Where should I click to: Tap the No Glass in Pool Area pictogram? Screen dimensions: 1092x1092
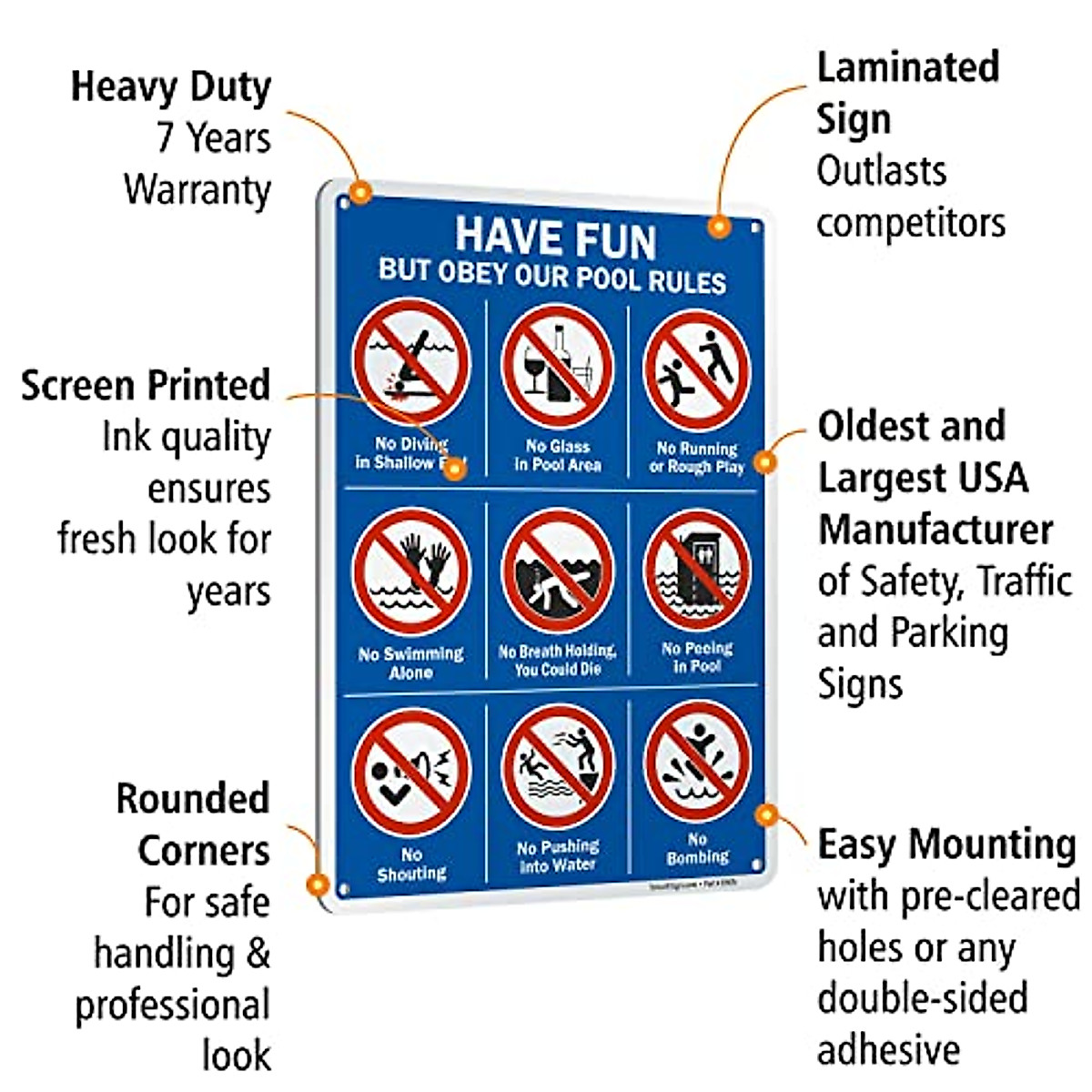point(558,366)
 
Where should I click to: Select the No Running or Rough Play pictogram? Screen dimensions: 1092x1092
point(697,369)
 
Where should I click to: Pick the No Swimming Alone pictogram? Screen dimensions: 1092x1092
point(411,571)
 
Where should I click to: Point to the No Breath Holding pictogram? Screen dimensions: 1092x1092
point(558,571)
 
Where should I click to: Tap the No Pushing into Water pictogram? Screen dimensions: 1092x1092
point(558,766)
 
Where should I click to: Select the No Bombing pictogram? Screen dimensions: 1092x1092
point(697,761)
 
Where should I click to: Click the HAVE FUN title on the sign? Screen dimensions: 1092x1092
point(556,238)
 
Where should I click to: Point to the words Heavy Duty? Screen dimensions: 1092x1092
point(171,87)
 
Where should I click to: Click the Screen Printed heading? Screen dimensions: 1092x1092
point(146,386)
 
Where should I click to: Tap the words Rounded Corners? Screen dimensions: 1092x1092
point(194,824)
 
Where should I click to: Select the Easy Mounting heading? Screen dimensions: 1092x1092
point(946,844)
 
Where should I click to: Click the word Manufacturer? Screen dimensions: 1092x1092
point(935,530)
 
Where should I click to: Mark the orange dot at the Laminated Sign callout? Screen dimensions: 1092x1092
point(719,226)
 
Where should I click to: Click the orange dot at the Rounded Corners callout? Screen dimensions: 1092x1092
point(317,883)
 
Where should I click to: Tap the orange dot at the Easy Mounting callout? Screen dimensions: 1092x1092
point(766,814)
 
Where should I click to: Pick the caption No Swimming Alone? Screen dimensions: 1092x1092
point(411,663)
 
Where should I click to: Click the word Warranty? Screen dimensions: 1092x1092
point(197,190)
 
